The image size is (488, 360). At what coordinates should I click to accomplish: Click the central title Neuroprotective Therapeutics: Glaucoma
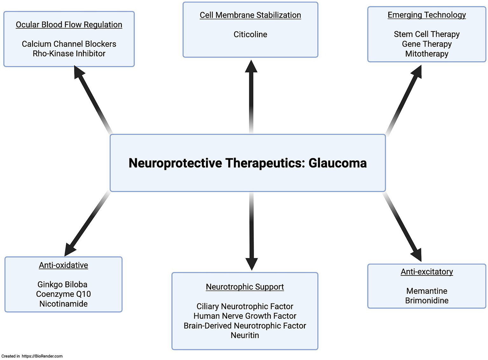(247, 163)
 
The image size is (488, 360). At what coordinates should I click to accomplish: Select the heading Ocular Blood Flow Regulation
(69, 25)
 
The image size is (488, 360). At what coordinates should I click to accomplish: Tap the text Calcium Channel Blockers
(69, 44)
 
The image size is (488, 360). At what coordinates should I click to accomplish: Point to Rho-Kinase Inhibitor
(69, 53)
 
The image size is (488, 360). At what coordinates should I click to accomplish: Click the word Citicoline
(250, 34)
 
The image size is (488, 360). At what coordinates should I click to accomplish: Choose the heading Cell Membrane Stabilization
(250, 15)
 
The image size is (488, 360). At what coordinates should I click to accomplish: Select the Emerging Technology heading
(427, 15)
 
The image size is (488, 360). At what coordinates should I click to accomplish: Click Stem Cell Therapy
(427, 34)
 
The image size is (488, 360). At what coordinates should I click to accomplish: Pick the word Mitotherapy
(427, 54)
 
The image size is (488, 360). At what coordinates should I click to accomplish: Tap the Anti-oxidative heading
(63, 265)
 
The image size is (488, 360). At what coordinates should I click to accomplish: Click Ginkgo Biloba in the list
(62, 284)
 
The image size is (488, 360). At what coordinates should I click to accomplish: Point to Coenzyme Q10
(63, 294)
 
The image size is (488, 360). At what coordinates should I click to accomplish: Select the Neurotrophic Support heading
(245, 287)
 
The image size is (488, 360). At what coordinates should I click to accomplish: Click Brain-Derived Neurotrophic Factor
(245, 326)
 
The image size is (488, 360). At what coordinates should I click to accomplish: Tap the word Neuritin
(245, 335)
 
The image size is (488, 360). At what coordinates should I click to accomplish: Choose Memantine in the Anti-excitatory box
(427, 291)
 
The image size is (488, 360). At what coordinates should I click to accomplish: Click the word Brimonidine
(427, 300)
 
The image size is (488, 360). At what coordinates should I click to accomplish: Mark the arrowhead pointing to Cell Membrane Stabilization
(251, 67)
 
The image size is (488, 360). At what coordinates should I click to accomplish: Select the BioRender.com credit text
(32, 356)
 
